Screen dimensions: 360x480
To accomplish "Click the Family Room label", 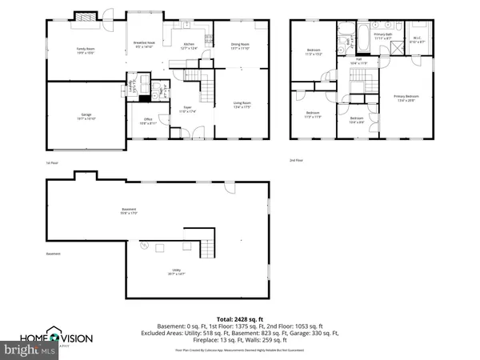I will point(74,51).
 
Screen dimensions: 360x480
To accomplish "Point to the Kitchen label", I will point(189,46).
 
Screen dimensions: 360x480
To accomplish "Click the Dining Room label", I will point(240,46).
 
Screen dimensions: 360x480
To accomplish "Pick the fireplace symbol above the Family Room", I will point(84,15).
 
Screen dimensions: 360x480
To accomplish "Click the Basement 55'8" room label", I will point(129,211).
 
